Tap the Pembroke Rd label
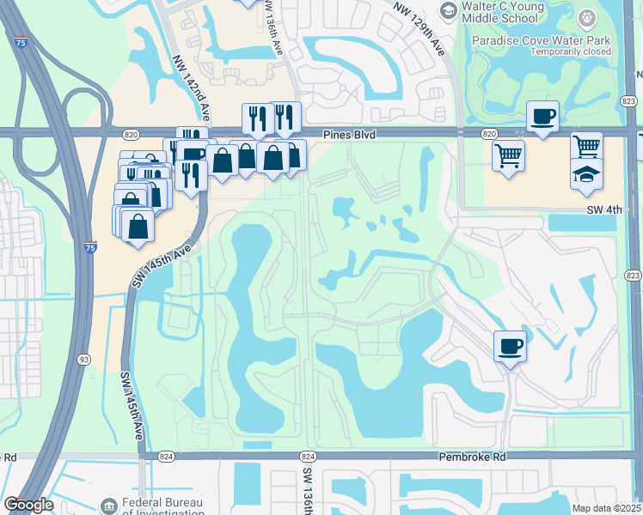click(x=471, y=457)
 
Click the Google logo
click(x=28, y=505)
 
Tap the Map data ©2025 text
click(x=607, y=508)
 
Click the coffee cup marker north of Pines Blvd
click(x=542, y=116)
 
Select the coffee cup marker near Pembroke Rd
click(x=510, y=346)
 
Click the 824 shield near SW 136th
click(x=308, y=457)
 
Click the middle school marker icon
click(x=448, y=9)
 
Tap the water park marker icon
click(x=586, y=17)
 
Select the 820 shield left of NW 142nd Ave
click(x=131, y=135)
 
